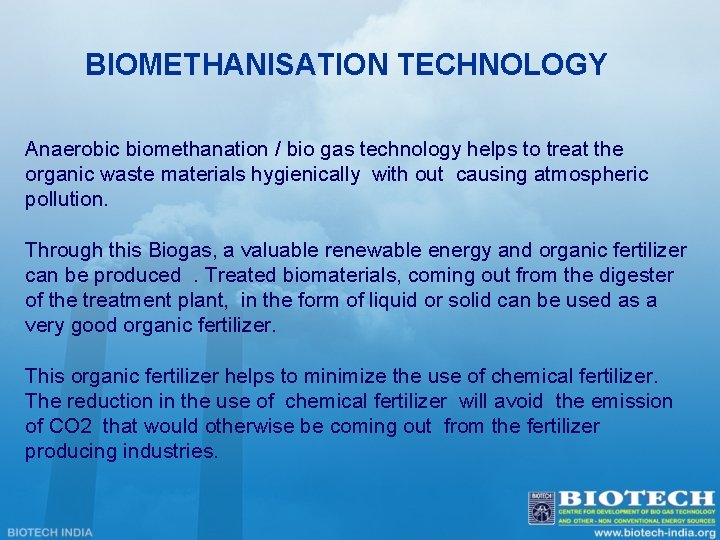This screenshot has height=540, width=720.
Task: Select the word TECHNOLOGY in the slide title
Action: click(x=502, y=65)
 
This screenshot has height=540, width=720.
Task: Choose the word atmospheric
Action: click(x=591, y=175)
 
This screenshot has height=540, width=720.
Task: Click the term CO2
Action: click(x=72, y=427)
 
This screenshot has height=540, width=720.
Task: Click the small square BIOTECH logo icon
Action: click(x=541, y=506)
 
